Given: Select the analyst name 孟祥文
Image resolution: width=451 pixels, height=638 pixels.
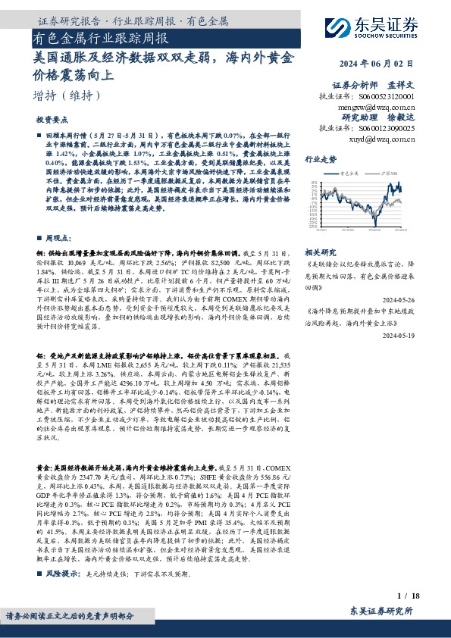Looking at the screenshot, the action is coord(404,86).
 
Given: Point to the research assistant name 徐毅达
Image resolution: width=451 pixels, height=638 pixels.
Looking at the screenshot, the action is coord(404,118).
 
